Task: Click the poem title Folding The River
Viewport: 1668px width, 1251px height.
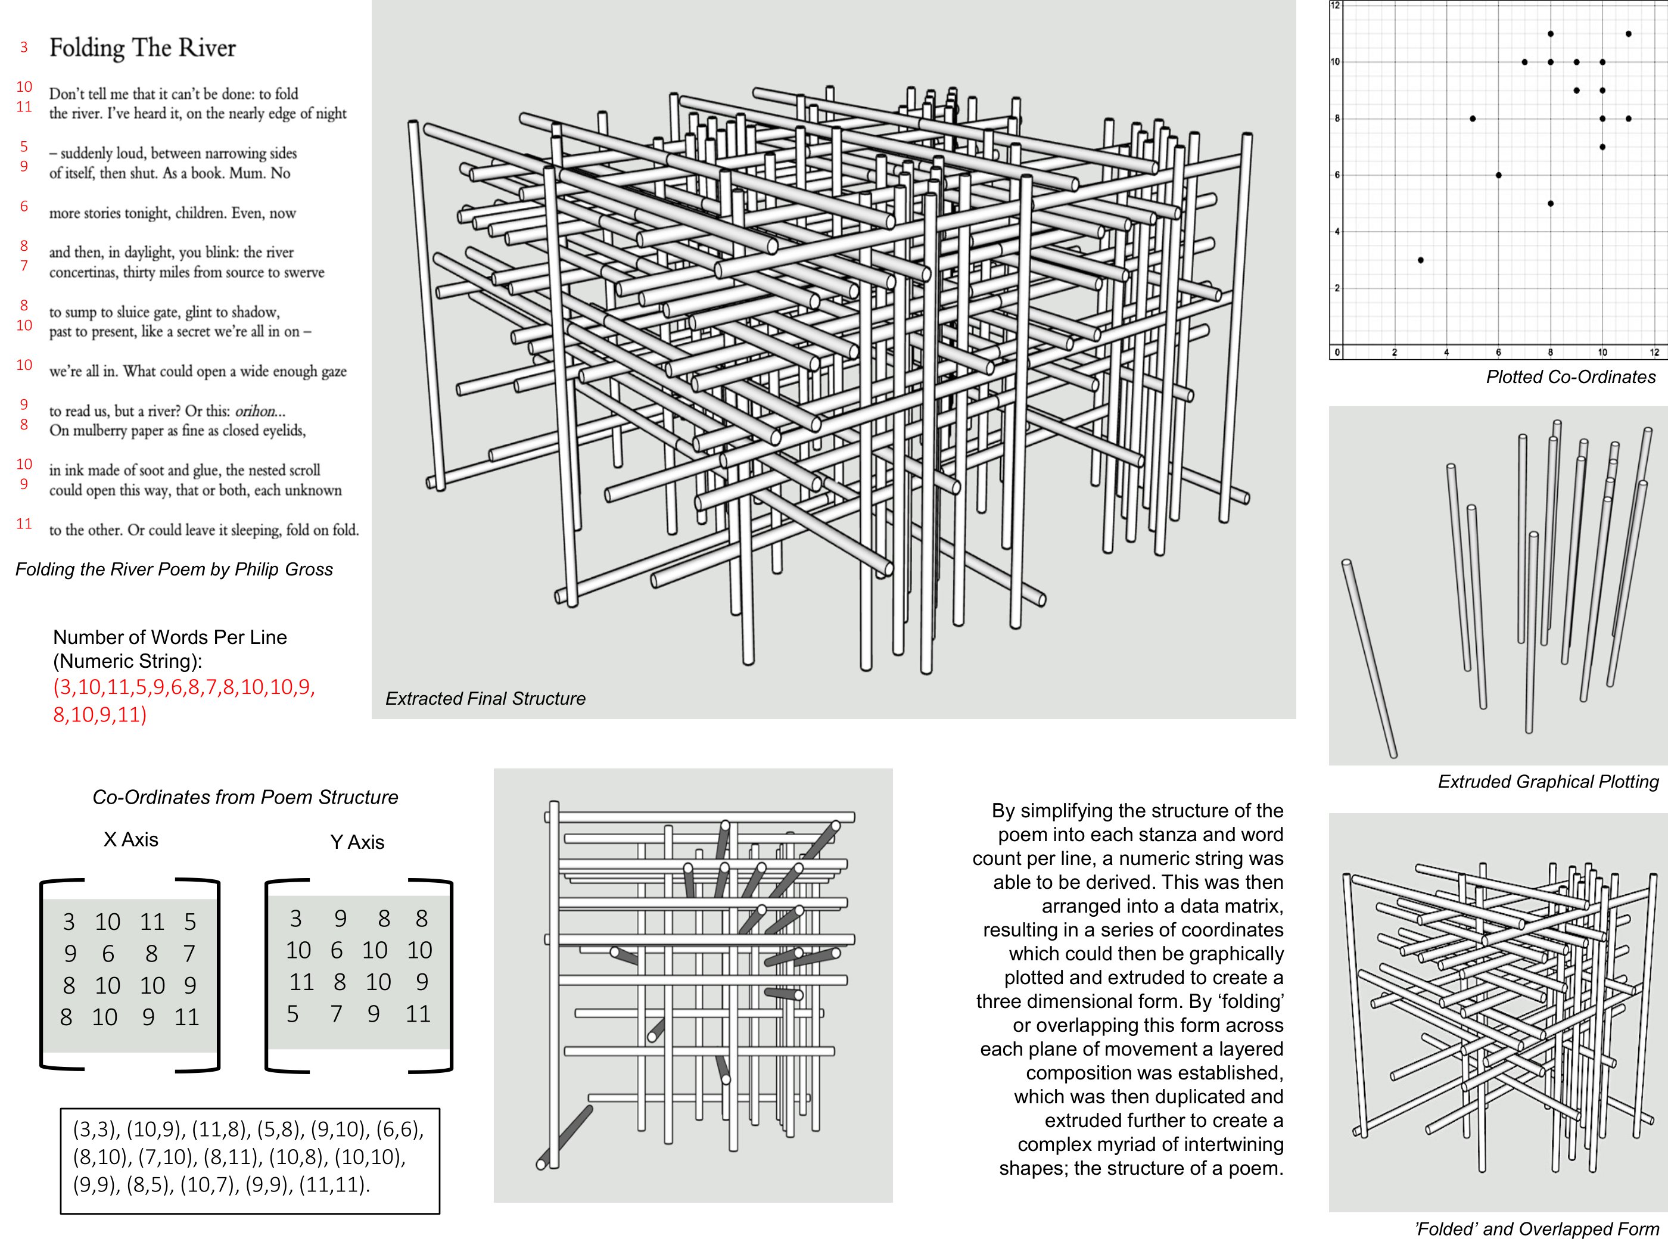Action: click(x=142, y=48)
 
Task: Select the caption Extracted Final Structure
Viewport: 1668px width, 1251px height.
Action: click(x=485, y=699)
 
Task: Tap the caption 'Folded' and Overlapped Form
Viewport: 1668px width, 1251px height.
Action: click(x=1536, y=1229)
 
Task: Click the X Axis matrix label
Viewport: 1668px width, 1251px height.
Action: click(x=130, y=840)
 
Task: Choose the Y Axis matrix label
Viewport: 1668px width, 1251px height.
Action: click(x=357, y=842)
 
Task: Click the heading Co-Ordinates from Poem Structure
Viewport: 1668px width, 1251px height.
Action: click(x=245, y=798)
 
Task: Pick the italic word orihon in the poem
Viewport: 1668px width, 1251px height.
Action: click(x=256, y=411)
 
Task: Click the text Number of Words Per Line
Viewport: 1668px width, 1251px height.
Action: click(x=170, y=637)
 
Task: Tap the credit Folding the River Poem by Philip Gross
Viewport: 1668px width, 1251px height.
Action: click(x=173, y=570)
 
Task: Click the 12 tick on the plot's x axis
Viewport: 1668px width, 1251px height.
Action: click(x=1654, y=352)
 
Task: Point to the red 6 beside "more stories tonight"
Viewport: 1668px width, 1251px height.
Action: click(x=24, y=207)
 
